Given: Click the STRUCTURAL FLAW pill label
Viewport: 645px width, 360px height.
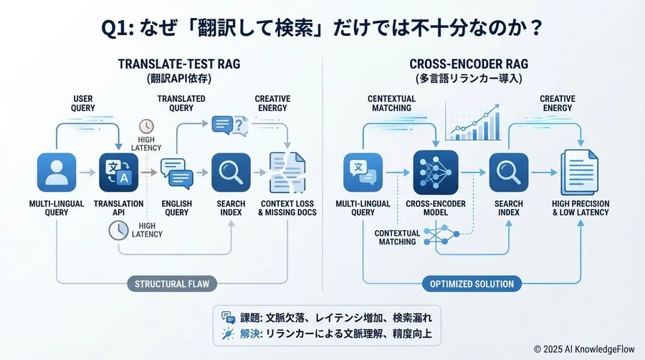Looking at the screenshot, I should pyautogui.click(x=173, y=284).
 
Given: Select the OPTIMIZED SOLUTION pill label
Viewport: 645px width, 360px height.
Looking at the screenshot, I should pyautogui.click(x=472, y=284).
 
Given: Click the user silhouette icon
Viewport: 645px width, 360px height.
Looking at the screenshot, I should pyautogui.click(x=57, y=172).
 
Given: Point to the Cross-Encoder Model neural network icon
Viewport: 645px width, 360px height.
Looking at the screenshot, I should pyautogui.click(x=436, y=172).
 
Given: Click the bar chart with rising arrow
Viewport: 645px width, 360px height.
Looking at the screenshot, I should pyautogui.click(x=472, y=122).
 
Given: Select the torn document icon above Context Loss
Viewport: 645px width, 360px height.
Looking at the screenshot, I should pyautogui.click(x=287, y=172).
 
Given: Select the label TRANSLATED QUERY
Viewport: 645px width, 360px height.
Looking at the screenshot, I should pyautogui.click(x=181, y=103).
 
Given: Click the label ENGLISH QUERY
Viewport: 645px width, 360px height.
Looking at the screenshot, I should pyautogui.click(x=177, y=208).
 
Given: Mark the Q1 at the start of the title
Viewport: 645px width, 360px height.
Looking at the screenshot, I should pyautogui.click(x=117, y=29).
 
